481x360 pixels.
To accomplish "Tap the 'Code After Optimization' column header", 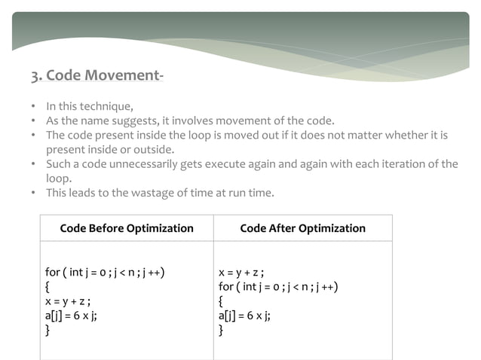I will click(x=302, y=228).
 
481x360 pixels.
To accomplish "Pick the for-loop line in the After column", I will click(x=277, y=286).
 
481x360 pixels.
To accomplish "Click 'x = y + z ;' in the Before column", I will click(x=69, y=301).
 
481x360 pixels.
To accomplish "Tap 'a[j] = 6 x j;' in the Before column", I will click(x=71, y=316).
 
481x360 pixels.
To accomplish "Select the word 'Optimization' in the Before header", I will click(x=161, y=228).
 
